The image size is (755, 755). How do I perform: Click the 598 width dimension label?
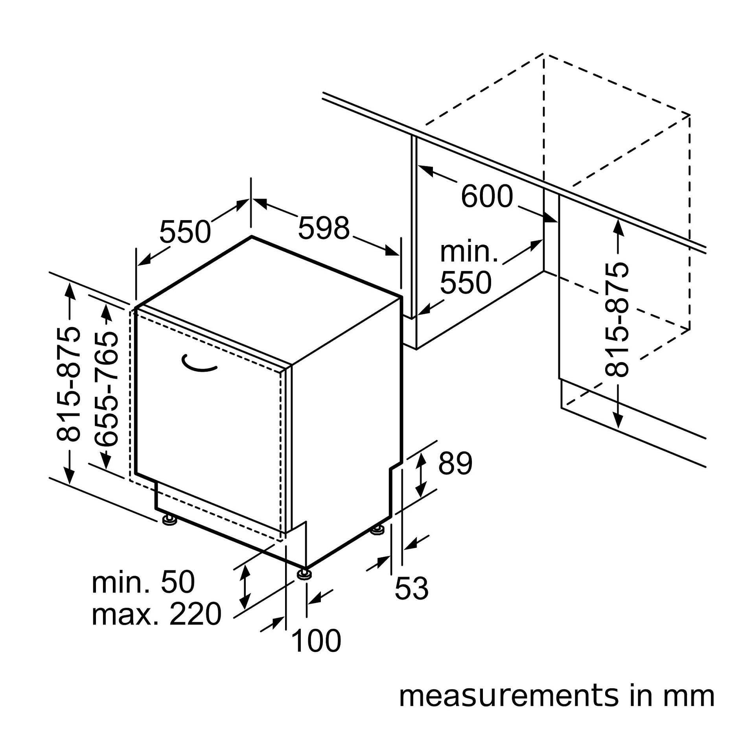pyautogui.click(x=324, y=228)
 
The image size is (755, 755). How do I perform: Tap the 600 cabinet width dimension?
pyautogui.click(x=487, y=196)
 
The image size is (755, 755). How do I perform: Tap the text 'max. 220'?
pyautogui.click(x=157, y=614)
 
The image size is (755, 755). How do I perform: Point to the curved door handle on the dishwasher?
pyautogui.click(x=200, y=364)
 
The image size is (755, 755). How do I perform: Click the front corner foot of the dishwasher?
pyautogui.click(x=304, y=575)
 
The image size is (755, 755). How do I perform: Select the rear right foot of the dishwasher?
pyautogui.click(x=378, y=530)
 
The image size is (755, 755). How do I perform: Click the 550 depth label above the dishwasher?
pyautogui.click(x=185, y=232)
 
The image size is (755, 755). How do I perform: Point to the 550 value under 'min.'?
pyautogui.click(x=466, y=282)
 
